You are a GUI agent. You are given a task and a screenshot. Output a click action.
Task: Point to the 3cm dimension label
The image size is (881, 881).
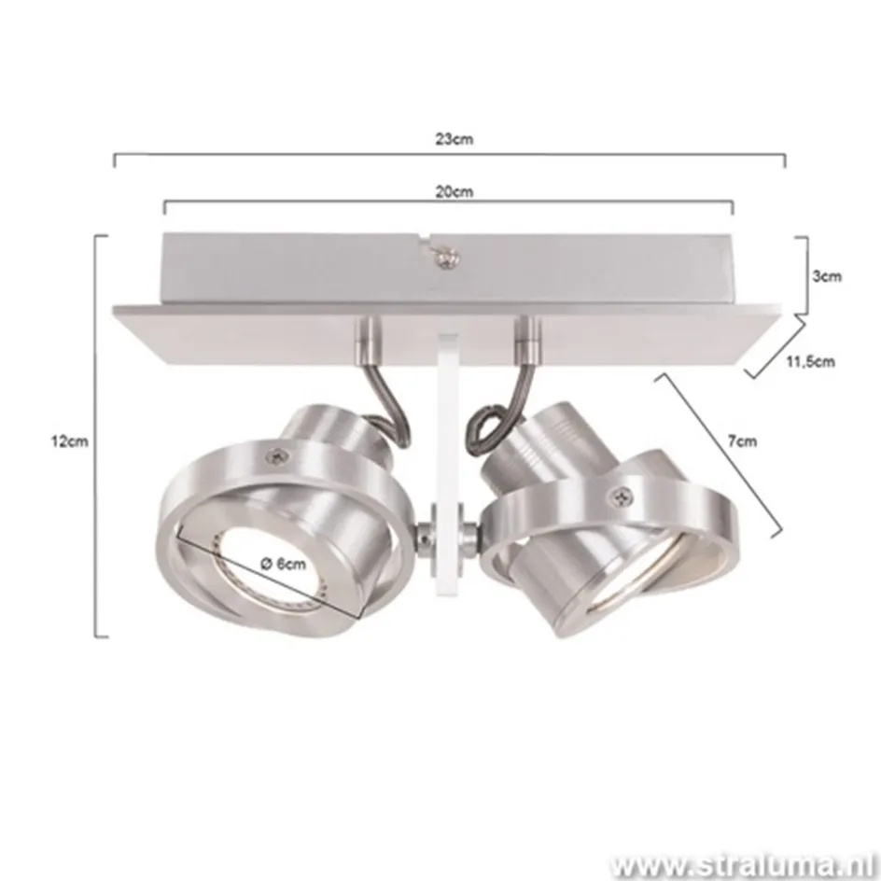pyautogui.click(x=826, y=275)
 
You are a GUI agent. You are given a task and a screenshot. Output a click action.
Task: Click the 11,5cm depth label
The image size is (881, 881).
pyautogui.click(x=808, y=362)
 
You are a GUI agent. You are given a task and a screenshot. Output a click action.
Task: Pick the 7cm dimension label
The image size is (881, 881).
pyautogui.click(x=743, y=441)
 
